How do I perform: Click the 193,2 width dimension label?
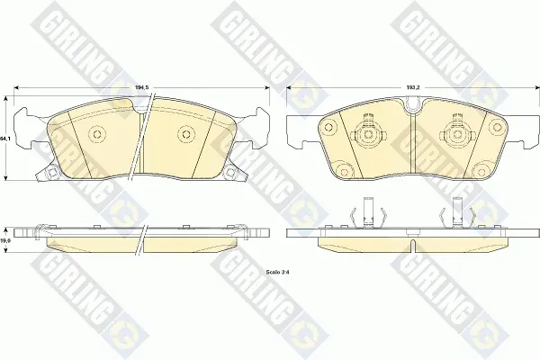click(413, 88)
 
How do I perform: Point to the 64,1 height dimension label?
click(4, 139)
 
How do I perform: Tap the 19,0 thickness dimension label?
click(4, 241)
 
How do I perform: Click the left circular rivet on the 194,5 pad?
click(97, 134)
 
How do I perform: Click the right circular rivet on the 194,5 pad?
click(186, 134)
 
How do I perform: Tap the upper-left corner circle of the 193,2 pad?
click(328, 128)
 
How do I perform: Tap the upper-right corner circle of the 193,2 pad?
click(496, 128)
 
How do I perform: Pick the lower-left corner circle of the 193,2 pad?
click(344, 170)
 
